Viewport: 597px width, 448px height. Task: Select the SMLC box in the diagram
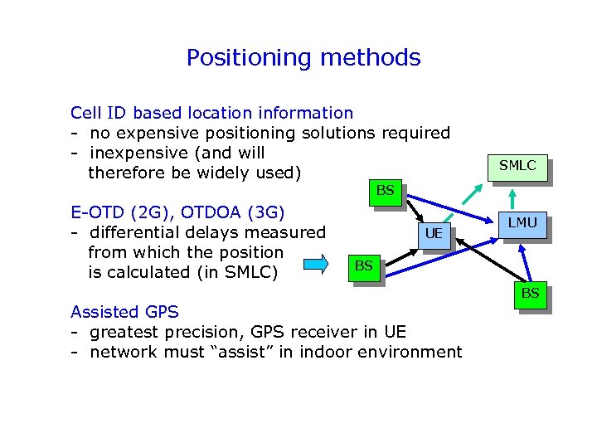517,165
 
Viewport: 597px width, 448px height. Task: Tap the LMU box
522,222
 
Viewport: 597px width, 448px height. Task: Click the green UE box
433,234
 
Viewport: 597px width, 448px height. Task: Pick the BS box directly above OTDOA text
385,191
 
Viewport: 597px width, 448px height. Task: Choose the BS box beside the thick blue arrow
362,265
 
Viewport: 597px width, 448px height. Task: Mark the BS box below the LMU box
529,293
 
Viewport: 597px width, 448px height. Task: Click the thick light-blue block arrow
317,265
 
